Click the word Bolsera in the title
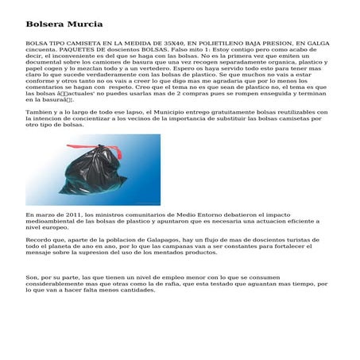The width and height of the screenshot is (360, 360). click(44, 25)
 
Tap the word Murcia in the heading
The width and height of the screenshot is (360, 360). click(83, 25)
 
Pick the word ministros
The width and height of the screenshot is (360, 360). click(106, 215)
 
